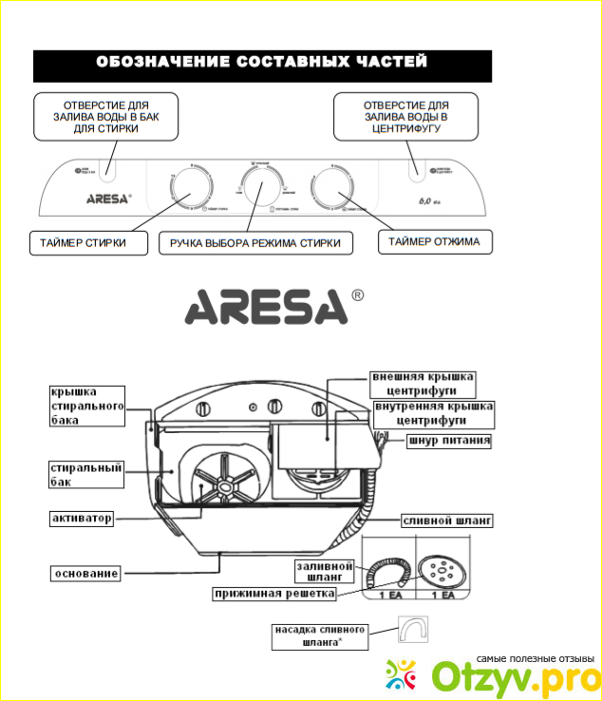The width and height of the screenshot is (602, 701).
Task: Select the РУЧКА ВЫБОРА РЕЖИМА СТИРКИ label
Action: (255, 244)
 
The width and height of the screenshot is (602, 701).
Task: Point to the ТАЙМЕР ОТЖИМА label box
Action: (434, 242)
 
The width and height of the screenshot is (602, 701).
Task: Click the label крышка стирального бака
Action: (87, 406)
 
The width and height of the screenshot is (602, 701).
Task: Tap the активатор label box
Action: (83, 519)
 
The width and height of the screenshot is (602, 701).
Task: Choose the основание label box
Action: (85, 574)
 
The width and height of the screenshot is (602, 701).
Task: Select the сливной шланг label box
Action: (448, 521)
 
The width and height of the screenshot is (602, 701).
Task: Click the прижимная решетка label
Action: (274, 595)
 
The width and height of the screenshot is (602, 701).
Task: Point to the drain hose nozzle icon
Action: (413, 631)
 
